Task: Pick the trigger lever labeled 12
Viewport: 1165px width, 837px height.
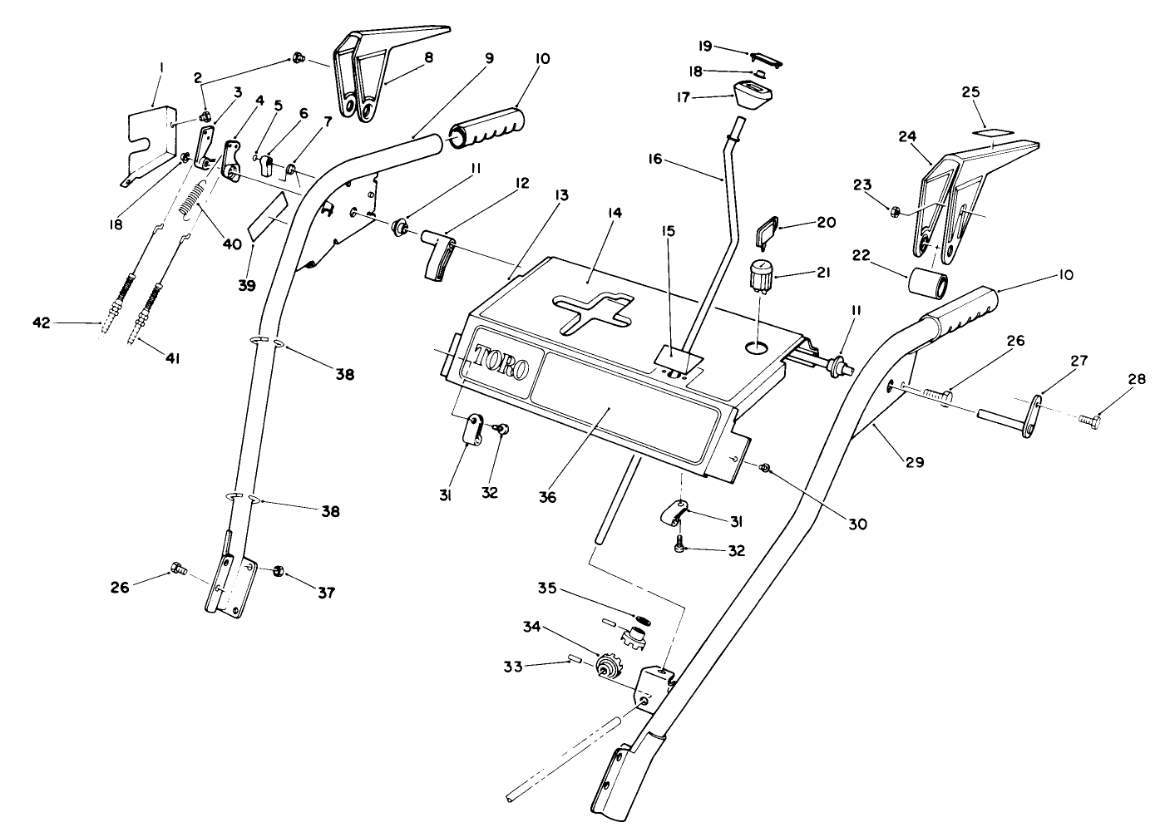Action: coord(437,254)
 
